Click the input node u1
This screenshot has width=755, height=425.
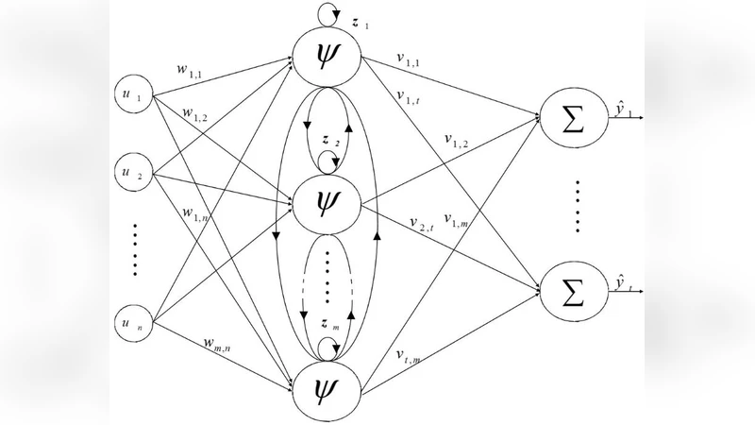coord(132,96)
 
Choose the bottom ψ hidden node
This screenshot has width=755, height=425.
coord(327,387)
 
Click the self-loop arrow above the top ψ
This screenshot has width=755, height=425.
coord(327,13)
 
